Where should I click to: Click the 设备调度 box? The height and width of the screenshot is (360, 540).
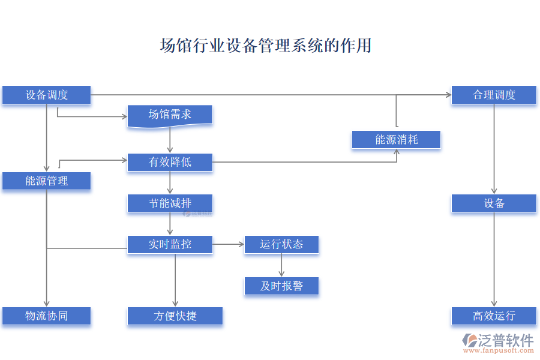[46, 95]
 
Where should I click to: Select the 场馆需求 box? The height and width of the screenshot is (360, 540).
[170, 115]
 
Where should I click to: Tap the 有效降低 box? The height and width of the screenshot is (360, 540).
[170, 162]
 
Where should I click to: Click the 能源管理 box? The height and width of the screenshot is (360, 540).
[46, 181]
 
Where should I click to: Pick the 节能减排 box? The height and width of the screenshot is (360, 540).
[170, 203]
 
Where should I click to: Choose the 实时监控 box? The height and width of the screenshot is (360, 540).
[170, 244]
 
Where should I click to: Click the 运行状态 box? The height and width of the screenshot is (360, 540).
[281, 244]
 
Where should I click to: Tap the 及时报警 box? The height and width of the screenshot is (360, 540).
[281, 286]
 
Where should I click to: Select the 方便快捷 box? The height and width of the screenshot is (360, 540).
[175, 316]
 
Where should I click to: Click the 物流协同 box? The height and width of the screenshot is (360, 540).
[46, 316]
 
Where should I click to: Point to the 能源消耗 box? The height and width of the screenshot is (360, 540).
[396, 140]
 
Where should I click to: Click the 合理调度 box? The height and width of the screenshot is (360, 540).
[494, 95]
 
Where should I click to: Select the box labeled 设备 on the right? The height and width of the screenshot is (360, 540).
[494, 203]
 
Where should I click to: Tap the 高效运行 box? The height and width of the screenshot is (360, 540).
[494, 316]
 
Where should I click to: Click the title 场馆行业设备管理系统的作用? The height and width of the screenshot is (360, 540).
[265, 46]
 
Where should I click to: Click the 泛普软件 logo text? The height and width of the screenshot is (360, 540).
[505, 341]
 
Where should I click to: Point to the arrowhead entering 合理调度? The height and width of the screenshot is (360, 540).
[448, 95]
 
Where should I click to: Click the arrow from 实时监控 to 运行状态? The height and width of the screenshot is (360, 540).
[229, 244]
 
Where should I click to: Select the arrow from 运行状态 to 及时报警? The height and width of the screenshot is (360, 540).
[281, 265]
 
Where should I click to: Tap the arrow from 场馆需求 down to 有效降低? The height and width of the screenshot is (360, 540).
[170, 140]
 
